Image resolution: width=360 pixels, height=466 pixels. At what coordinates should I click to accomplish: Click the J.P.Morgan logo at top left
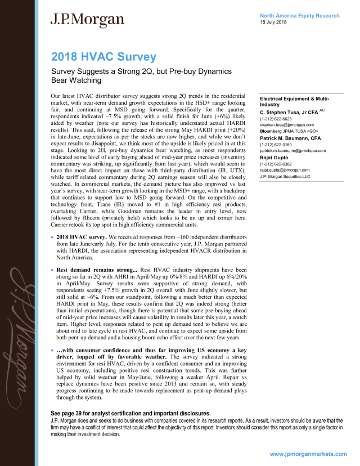(87, 20)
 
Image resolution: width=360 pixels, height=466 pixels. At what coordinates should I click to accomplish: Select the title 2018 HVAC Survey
(103, 57)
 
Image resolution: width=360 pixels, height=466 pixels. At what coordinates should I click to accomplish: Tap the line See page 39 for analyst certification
(118, 413)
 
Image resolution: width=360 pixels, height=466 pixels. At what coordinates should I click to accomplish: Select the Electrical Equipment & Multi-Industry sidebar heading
(295, 101)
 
